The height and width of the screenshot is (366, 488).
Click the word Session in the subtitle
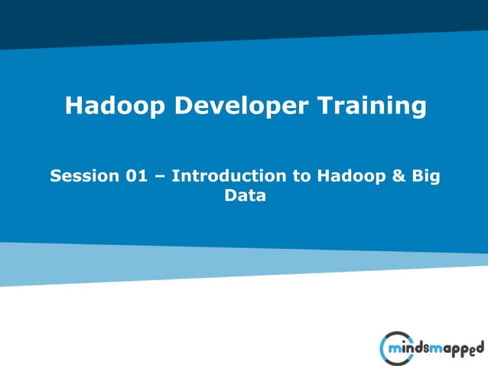83,175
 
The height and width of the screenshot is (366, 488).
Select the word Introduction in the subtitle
229,175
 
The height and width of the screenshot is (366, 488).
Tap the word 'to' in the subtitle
302,175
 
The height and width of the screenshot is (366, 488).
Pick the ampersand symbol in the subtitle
401,175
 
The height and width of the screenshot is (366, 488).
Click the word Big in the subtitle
428,176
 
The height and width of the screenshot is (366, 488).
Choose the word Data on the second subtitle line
245,195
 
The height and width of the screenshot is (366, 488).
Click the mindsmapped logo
431,348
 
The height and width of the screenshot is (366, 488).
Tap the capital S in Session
56,175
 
